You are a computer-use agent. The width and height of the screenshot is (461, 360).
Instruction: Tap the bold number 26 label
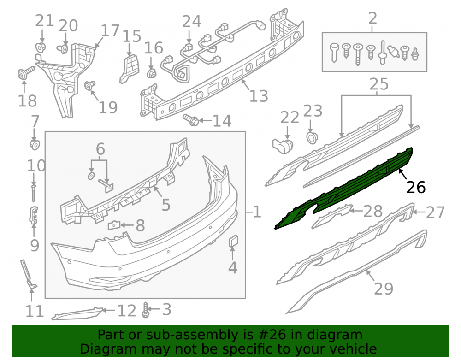pos(416,187)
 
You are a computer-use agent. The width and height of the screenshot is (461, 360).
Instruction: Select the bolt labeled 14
pos(191,119)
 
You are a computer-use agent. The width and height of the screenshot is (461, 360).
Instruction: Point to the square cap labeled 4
pos(233,242)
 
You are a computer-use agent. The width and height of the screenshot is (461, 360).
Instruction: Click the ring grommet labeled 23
pos(311,138)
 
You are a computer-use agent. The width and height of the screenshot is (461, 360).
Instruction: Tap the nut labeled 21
pos(40,47)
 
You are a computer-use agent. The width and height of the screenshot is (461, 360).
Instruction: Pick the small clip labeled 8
pos(114,225)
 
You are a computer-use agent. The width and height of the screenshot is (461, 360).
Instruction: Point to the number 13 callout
pos(259,96)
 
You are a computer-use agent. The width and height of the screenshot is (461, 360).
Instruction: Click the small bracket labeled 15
pos(130,69)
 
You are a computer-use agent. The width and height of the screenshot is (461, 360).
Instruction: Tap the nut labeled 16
pos(151,73)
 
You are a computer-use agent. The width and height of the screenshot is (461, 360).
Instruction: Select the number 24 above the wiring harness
pos(191,22)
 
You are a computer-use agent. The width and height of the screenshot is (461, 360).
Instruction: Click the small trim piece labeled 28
pos(331,217)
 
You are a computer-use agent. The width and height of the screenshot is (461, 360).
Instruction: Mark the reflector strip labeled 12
pos(78,313)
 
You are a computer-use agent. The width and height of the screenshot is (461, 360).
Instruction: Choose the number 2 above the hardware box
pos(372,18)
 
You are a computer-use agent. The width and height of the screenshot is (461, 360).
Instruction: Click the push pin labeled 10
pos(34,193)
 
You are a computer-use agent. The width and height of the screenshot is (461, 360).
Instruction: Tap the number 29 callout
pos(384,289)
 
